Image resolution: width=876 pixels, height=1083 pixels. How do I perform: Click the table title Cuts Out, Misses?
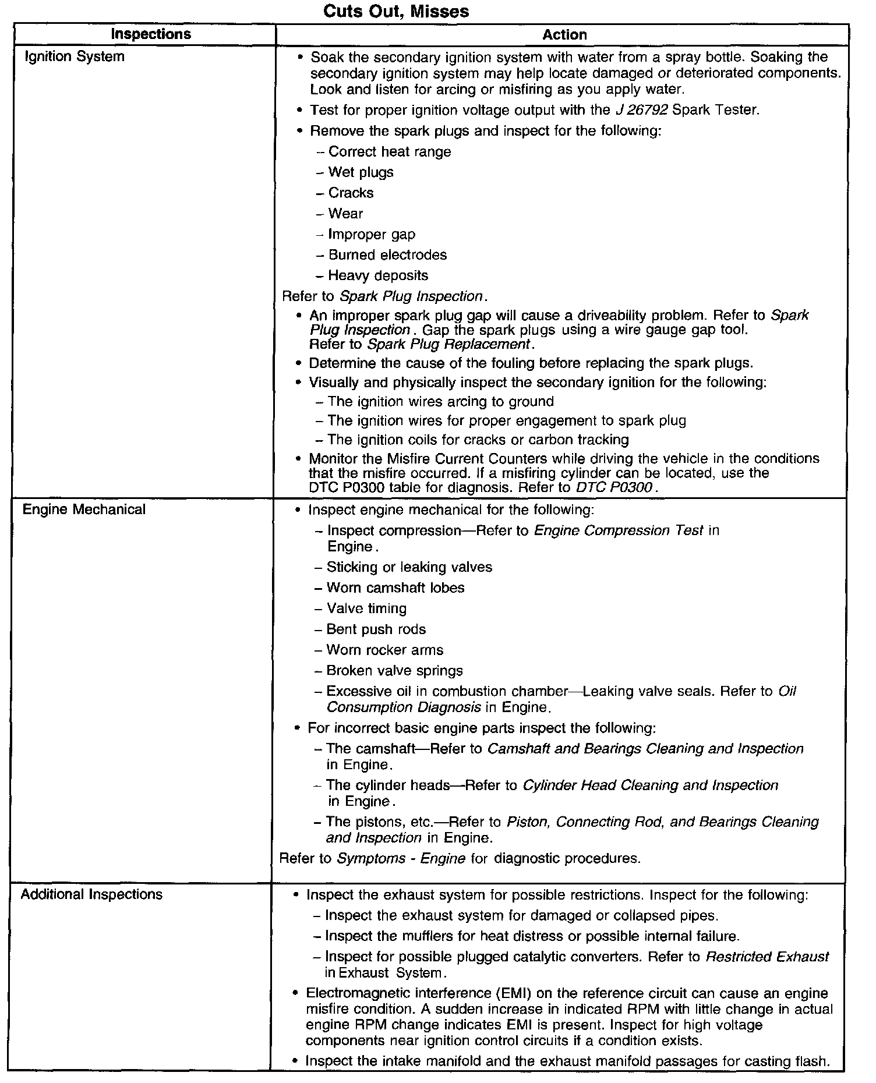[395, 11]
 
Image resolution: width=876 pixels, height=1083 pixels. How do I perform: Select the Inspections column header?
[151, 34]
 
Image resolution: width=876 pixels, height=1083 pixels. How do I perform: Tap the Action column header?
[564, 35]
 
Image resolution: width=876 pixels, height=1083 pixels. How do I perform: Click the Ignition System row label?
[75, 56]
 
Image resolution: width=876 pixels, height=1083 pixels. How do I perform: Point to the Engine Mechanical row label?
[84, 509]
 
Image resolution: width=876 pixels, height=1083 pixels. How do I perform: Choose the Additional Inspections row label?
[91, 894]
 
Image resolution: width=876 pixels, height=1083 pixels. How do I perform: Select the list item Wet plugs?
[361, 172]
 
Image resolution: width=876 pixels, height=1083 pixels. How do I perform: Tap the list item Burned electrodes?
[387, 255]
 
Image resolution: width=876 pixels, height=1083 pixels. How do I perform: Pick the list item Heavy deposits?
[378, 275]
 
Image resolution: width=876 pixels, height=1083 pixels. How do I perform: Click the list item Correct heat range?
[390, 152]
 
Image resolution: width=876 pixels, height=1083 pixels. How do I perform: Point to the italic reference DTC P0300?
[615, 487]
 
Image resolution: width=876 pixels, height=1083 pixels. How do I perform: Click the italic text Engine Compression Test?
[619, 530]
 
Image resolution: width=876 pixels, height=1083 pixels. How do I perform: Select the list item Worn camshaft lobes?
[395, 587]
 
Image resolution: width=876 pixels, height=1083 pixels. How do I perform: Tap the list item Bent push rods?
[376, 629]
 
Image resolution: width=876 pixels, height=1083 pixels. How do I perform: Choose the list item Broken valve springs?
[394, 671]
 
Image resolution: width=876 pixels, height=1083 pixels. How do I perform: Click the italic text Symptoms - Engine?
[401, 858]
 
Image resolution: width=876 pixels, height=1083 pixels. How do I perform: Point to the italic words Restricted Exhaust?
[767, 957]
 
